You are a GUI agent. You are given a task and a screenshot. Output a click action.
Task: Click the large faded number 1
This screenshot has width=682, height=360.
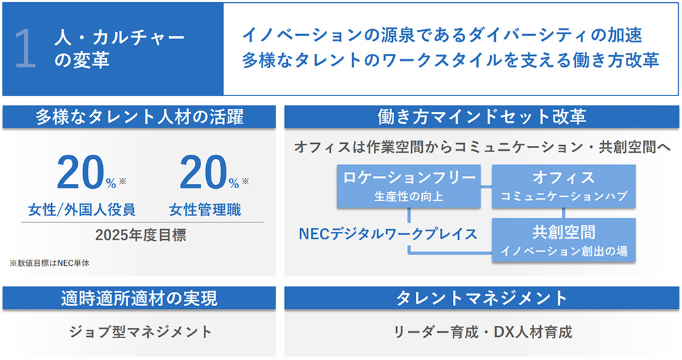pos(25,48)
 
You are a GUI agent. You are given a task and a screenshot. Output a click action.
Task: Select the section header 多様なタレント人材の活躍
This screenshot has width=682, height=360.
pos(139,117)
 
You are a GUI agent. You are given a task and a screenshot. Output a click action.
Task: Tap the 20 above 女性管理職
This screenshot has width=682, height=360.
pos(203,172)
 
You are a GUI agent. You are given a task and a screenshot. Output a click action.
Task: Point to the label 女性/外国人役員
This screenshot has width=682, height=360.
pos(82,210)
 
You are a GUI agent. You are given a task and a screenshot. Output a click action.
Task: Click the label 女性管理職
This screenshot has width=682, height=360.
pos(205,210)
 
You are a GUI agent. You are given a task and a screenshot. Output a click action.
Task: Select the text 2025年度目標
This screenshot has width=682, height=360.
pos(140,235)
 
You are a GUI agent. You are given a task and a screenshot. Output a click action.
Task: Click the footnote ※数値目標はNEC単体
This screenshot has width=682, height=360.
pos(50,263)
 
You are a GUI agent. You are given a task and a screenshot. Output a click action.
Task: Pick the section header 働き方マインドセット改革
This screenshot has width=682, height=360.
pos(481,117)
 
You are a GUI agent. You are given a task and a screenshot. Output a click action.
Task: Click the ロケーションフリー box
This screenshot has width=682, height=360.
pos(409,186)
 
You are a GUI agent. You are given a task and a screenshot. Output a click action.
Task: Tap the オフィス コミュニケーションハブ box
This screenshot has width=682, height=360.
pos(564,186)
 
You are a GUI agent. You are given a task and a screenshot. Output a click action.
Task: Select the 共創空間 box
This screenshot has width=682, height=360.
pos(564,240)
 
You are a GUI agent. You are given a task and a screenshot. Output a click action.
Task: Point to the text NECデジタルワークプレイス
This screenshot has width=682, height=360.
pos(388,235)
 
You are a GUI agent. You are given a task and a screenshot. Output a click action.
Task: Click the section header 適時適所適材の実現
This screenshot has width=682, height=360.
pos(139,298)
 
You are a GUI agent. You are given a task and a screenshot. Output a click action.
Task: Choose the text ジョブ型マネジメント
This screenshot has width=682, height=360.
pos(140,332)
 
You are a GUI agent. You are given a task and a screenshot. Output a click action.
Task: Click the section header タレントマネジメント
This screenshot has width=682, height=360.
pos(481,298)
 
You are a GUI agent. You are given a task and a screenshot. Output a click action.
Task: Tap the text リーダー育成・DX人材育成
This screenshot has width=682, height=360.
pos(483,332)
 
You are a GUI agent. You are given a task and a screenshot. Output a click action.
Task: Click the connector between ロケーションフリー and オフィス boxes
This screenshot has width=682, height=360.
pos(486,187)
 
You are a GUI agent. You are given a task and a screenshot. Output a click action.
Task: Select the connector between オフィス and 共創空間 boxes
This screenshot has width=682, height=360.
pos(564,213)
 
